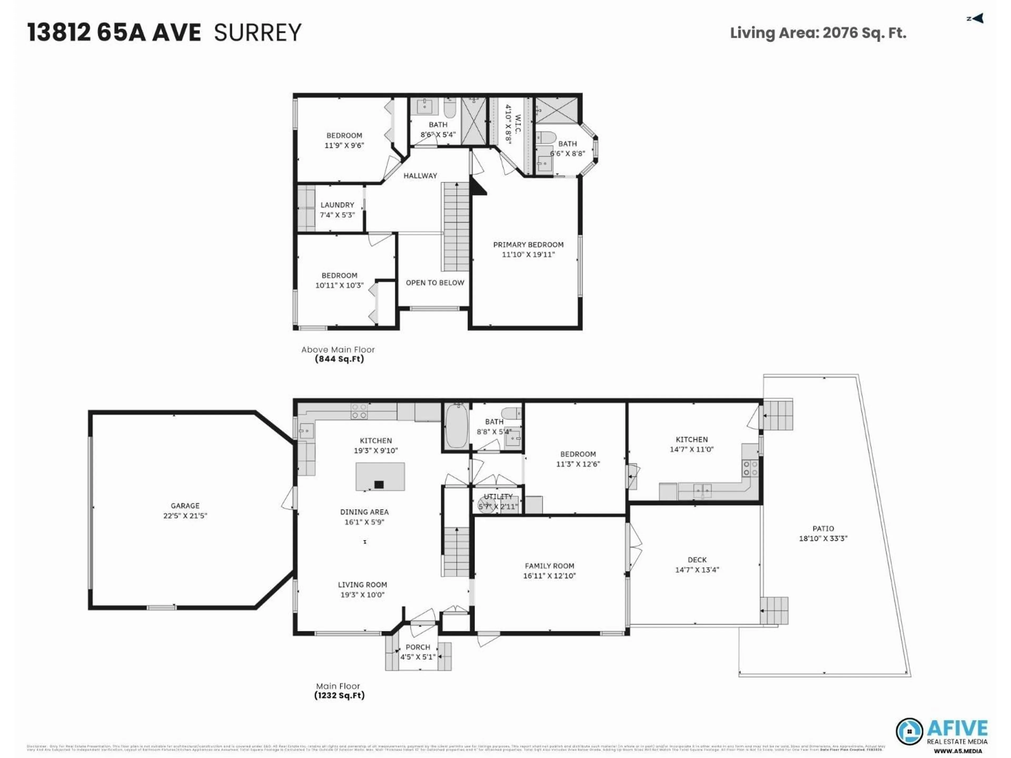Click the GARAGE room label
click(185, 506)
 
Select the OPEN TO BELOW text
click(435, 283)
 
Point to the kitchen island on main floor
click(380, 477)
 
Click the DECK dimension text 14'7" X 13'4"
click(697, 570)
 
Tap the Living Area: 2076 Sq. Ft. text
click(818, 33)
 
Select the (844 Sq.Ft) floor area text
click(339, 359)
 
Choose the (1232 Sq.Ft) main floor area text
click(339, 695)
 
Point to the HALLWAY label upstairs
click(420, 176)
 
